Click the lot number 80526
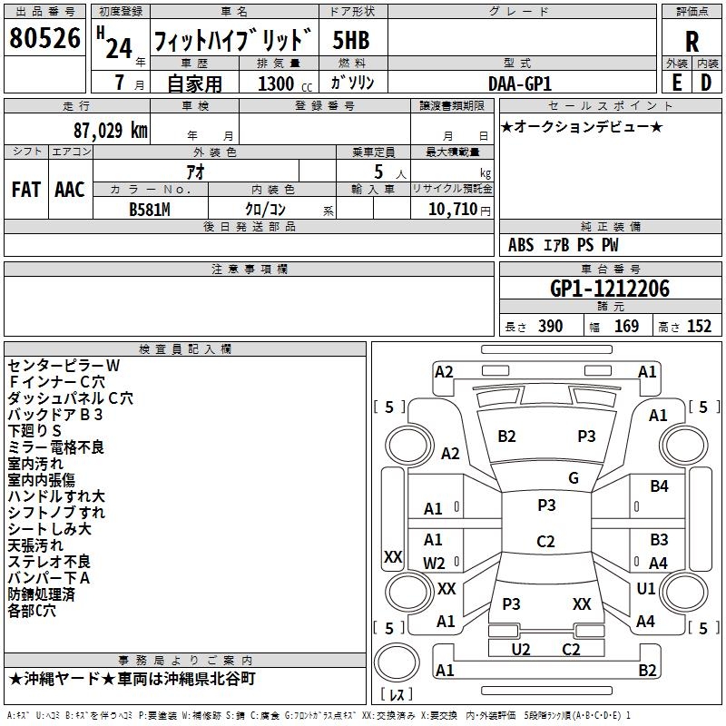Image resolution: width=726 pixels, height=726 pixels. tap(44, 39)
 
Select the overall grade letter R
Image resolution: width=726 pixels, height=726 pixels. tap(692, 42)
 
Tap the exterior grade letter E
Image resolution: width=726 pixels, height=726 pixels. tap(676, 82)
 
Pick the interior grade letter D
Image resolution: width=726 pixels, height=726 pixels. tap(706, 82)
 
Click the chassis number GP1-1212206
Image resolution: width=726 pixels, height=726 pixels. tap(610, 289)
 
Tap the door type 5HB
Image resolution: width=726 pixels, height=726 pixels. tap(351, 40)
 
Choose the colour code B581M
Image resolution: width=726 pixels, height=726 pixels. tap(150, 208)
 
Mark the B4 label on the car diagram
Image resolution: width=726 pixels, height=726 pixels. tap(659, 486)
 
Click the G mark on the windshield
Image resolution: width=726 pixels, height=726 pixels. tap(574, 478)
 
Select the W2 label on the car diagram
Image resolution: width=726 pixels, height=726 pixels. tap(434, 563)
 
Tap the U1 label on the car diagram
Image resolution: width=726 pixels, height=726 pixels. tap(646, 589)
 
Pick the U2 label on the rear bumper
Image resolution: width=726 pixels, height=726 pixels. tap(521, 648)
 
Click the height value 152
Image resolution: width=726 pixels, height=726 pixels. tap(699, 327)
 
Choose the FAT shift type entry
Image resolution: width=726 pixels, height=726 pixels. tap(25, 190)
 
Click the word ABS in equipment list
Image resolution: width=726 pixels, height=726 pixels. tap(521, 245)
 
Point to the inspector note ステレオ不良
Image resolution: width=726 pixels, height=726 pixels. tap(49, 562)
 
